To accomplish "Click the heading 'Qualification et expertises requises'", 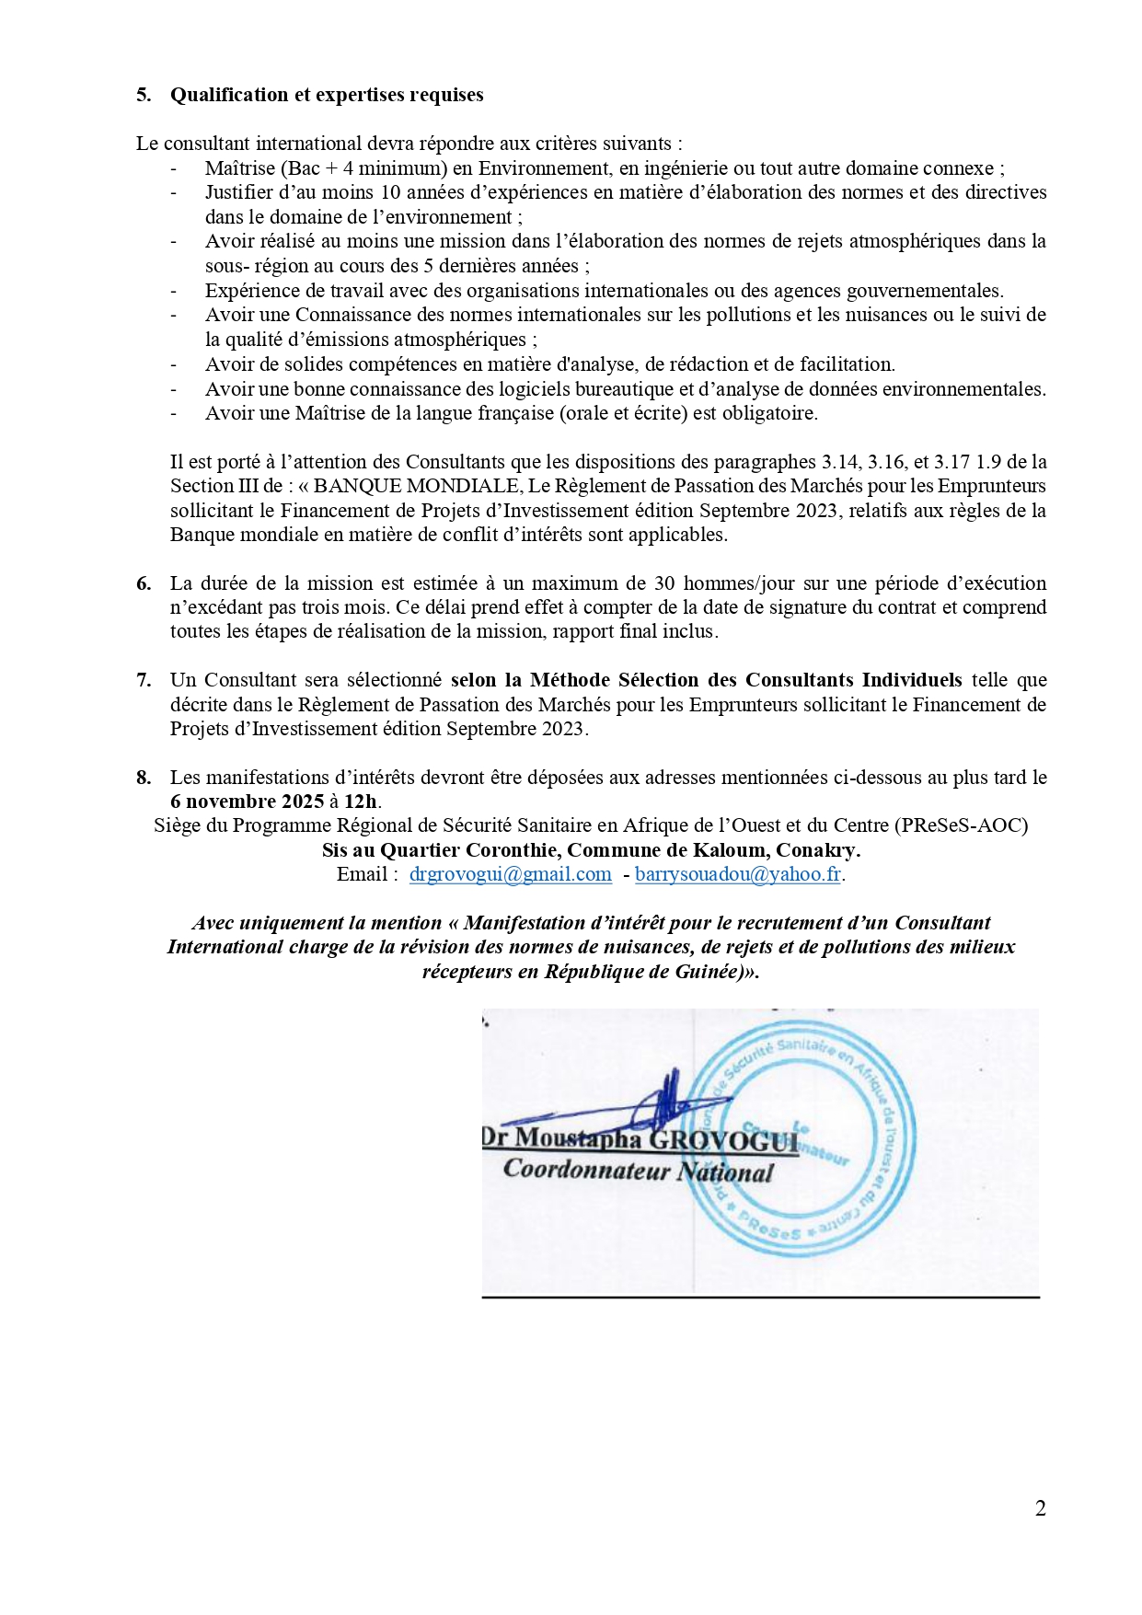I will (327, 95).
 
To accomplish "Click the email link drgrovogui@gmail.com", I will (510, 874).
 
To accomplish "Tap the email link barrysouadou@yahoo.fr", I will (738, 874).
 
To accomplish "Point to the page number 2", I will (1040, 1508).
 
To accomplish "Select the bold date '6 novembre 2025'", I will (247, 802).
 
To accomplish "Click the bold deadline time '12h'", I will (360, 802).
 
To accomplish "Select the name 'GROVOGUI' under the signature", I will (723, 1140).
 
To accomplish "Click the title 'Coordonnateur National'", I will (638, 1171).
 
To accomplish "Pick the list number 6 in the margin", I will (144, 583).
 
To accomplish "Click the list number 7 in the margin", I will (144, 680).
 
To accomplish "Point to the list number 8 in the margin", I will (144, 778).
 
